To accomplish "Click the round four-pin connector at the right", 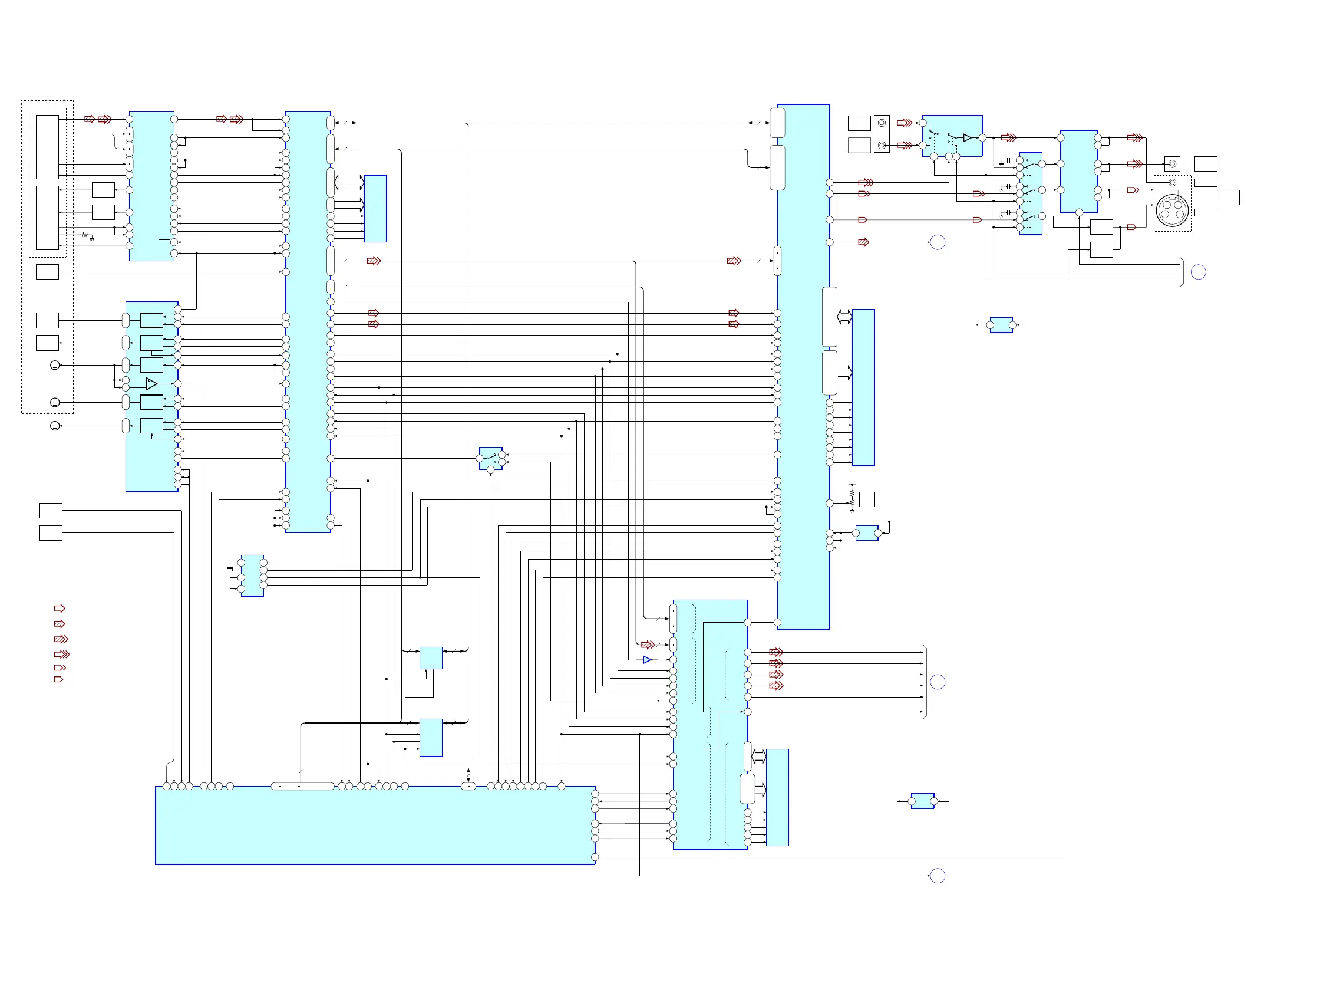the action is pos(1172,210).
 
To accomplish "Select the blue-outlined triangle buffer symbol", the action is pos(648,660).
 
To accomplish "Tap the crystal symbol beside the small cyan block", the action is pos(230,570).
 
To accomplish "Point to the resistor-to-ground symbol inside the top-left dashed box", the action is pos(87,236).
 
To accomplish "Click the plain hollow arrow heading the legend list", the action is pos(60,609).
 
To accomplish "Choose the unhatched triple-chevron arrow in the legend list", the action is pos(62,655).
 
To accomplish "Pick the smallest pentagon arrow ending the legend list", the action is pos(58,679).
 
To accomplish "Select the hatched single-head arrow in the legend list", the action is pos(60,624).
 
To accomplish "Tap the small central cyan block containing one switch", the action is pos(490,459).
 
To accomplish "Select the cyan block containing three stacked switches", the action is pos(1031,193).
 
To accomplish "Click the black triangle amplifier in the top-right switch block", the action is pos(968,138).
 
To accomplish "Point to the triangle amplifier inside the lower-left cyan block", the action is pos(151,384).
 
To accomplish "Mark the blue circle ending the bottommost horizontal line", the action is pos(938,876).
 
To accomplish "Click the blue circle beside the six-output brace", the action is pos(938,682).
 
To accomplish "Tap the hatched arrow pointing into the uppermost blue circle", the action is pos(863,242).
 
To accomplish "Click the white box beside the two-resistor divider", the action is pos(867,499).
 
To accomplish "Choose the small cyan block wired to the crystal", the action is pos(252,576).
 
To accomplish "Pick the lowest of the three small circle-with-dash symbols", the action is pos(55,426).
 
